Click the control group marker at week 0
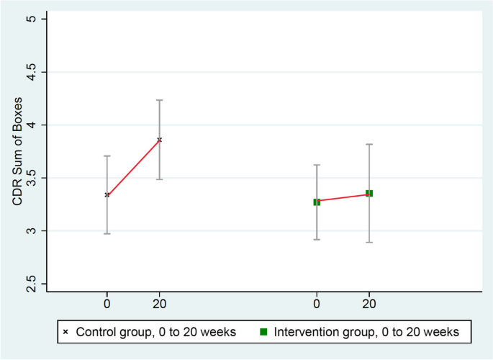tap(107, 194)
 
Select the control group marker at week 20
tap(160, 140)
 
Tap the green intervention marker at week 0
tap(317, 202)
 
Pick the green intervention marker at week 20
tap(369, 194)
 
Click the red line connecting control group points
tap(134, 167)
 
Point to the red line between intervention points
tap(343, 198)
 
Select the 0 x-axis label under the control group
tap(107, 304)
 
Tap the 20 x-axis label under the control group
tap(160, 304)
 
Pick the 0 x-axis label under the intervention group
tap(317, 304)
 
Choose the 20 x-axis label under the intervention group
tap(369, 304)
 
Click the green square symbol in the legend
tap(263, 332)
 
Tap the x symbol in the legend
tap(66, 332)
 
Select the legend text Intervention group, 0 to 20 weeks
tap(364, 332)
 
